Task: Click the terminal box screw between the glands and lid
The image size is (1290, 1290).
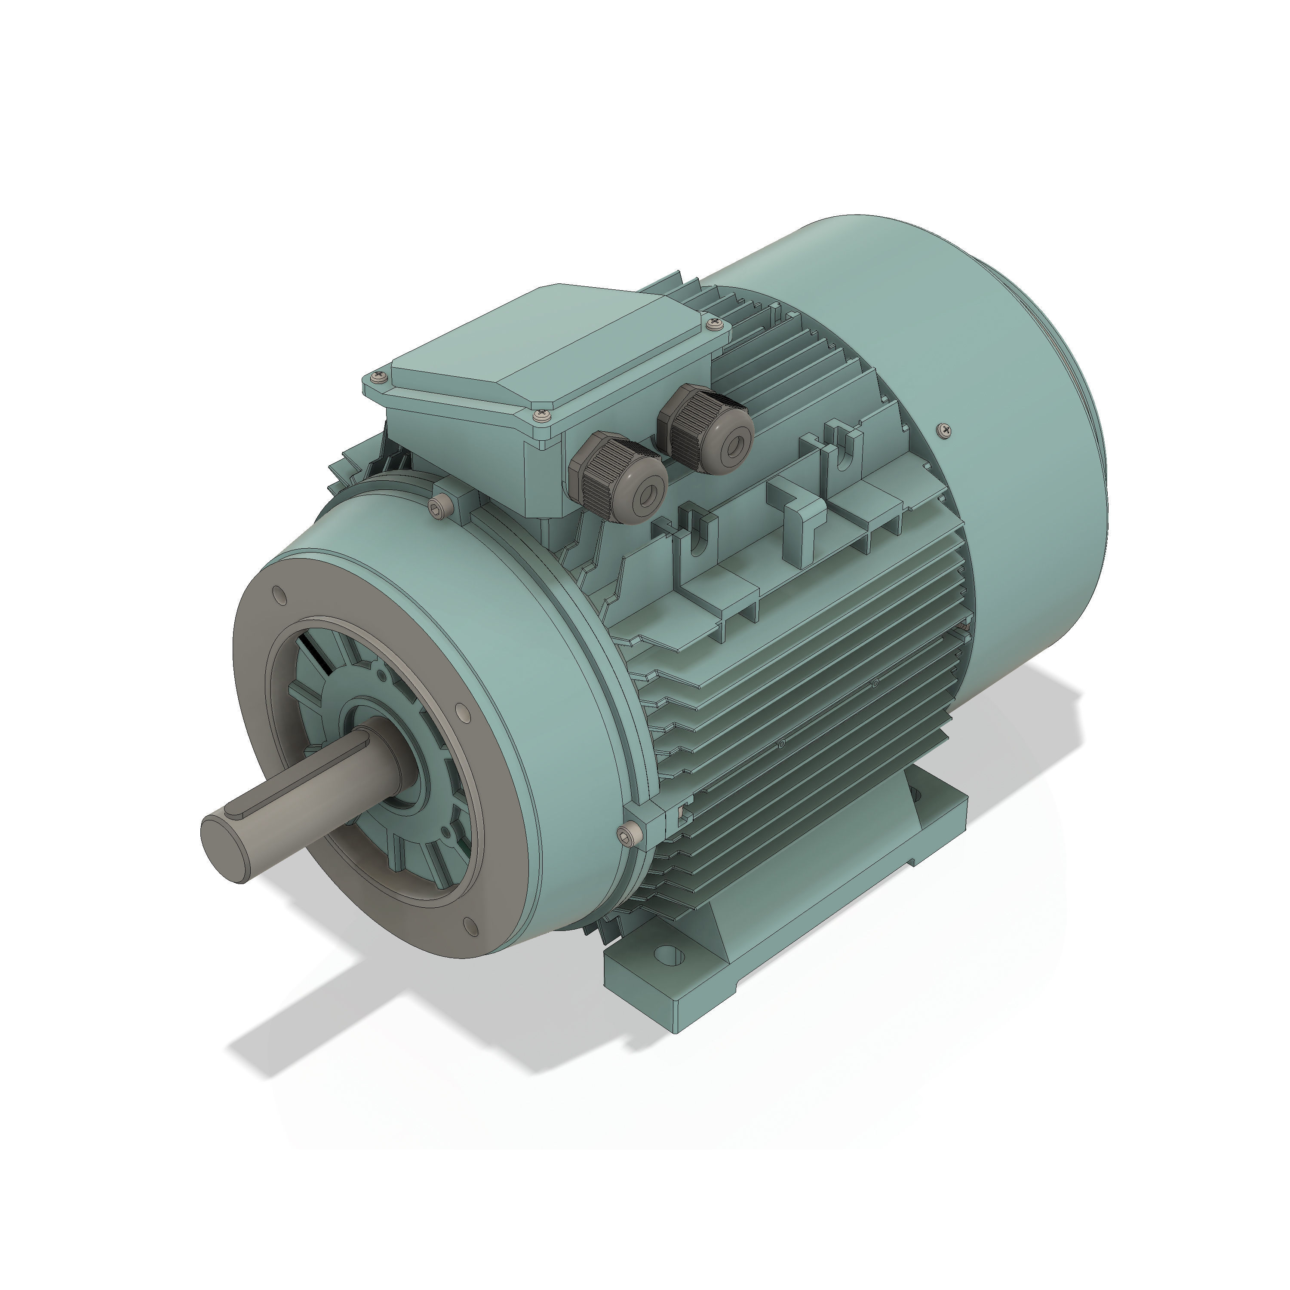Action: pyautogui.click(x=541, y=416)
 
